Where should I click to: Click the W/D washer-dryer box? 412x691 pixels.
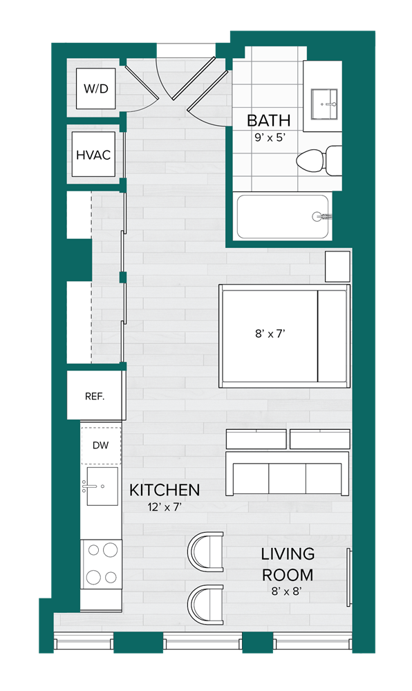pos(97,89)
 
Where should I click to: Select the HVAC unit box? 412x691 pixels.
pos(93,155)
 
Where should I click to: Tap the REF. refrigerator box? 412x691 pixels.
pos(95,396)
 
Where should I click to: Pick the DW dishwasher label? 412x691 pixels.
pos(100,446)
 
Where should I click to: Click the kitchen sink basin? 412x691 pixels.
pos(102,486)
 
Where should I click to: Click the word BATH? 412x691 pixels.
pos(269,121)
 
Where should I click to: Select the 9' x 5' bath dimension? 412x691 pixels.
pos(270,137)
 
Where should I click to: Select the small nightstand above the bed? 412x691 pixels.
pos(337,267)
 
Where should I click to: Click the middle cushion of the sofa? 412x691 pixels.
pos(287,478)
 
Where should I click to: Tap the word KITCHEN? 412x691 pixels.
pos(165,491)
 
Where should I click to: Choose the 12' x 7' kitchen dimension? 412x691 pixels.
pos(165,507)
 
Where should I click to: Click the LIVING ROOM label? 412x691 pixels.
pos(288,564)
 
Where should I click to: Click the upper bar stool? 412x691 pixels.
pos(206,551)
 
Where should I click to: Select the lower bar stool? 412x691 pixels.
pos(206,603)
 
